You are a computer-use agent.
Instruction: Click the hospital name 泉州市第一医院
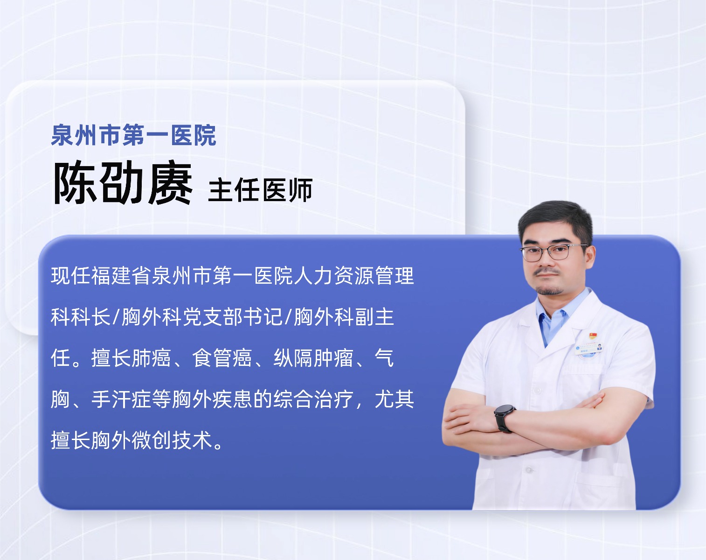coord(133,135)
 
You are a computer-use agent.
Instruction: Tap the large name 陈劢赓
coord(123,183)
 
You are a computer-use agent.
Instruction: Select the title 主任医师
coord(260,190)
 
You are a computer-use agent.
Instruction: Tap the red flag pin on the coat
coord(593,336)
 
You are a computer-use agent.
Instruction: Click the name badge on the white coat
coord(589,348)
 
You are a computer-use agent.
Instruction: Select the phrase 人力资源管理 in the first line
coord(355,275)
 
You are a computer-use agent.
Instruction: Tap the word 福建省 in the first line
coord(121,275)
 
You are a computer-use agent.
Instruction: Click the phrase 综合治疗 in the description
coord(314,399)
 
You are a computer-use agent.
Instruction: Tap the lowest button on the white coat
coord(529,470)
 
